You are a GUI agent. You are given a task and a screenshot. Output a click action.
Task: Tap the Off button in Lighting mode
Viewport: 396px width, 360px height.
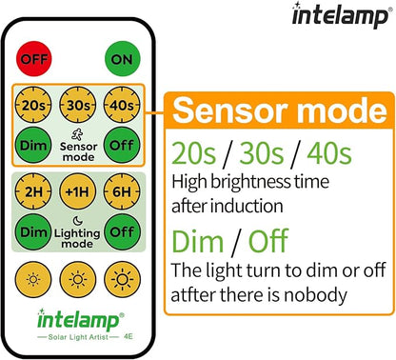pos(119,230)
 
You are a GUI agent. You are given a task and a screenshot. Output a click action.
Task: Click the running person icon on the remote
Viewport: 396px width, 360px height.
pos(76,135)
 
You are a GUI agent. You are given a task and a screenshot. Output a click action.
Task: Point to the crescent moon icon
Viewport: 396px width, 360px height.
pos(76,222)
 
